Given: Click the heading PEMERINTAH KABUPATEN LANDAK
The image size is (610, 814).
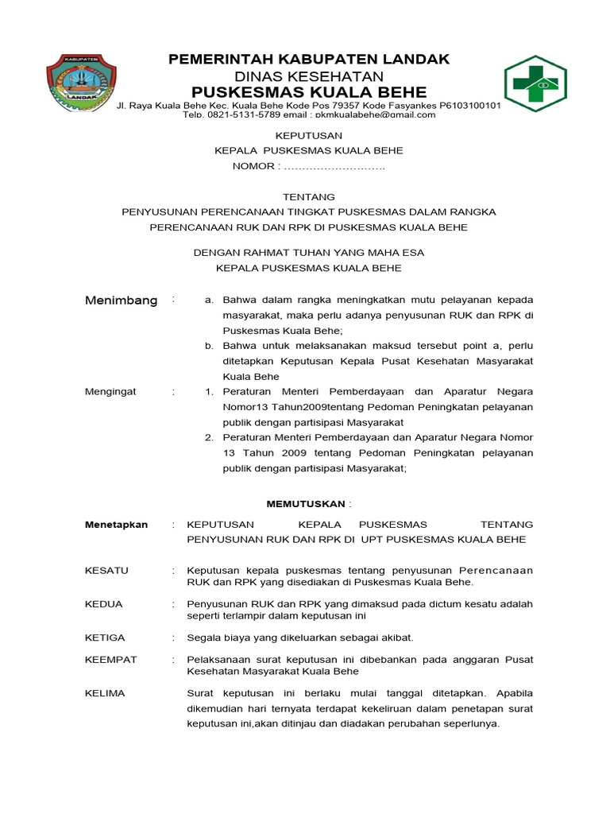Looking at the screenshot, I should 309,59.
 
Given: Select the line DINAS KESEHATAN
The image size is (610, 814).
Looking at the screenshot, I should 309,76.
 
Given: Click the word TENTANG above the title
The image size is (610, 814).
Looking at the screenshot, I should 309,196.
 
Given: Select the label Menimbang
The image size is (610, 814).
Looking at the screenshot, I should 121,300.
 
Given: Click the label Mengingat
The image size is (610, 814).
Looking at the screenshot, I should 110,391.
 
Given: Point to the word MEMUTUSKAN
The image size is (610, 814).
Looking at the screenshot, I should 305,504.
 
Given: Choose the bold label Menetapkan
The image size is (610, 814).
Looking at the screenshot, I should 116,525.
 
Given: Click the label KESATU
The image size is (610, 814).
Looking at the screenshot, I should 106,570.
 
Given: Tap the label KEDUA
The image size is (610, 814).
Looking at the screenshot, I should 103,604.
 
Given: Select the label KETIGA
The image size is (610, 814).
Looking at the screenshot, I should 105,638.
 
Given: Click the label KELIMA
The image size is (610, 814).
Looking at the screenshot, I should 105,693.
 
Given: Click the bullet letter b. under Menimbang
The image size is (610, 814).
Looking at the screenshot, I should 209,346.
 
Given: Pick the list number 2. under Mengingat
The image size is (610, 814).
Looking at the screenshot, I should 209,438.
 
